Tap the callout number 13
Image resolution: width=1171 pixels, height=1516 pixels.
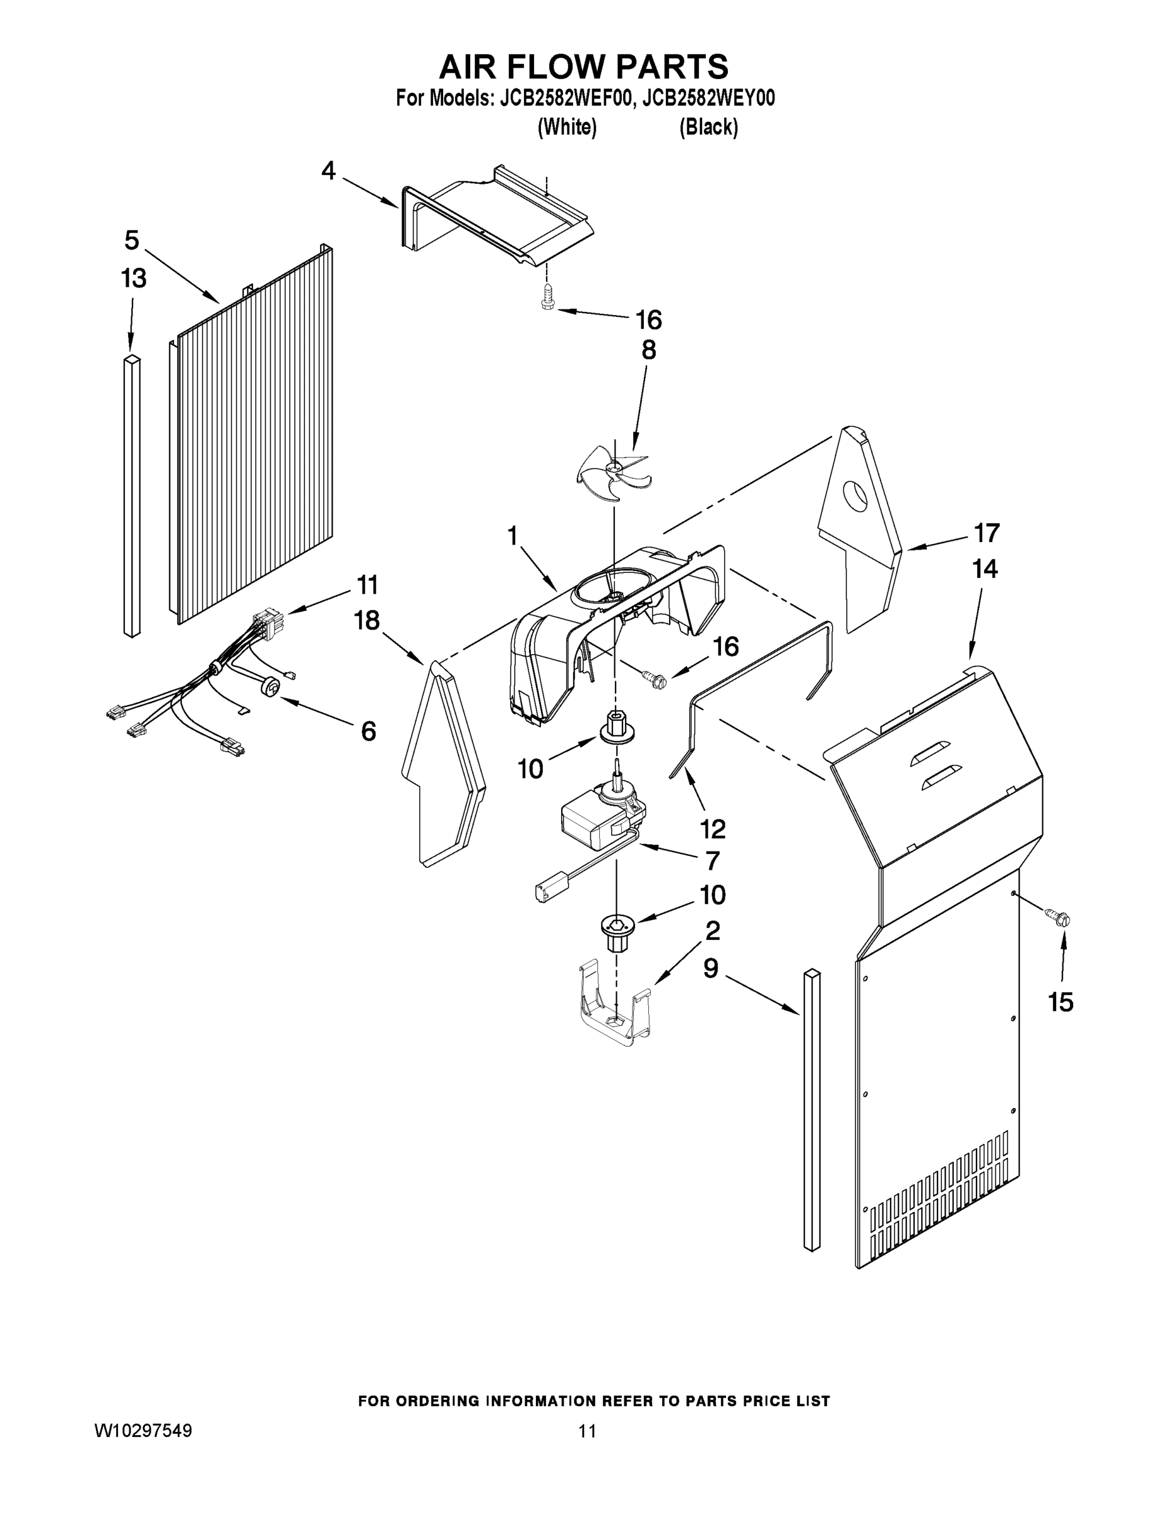(133, 279)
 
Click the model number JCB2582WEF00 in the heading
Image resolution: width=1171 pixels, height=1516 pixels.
(566, 98)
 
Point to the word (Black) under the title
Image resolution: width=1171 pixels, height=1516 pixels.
(708, 127)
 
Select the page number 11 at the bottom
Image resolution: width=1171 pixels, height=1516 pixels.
(587, 1431)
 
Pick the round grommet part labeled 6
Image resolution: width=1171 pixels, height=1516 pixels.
(272, 687)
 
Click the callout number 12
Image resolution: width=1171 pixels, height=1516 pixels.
(713, 828)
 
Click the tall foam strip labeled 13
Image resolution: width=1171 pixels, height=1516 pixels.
(132, 496)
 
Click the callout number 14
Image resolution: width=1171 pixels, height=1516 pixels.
(984, 568)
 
